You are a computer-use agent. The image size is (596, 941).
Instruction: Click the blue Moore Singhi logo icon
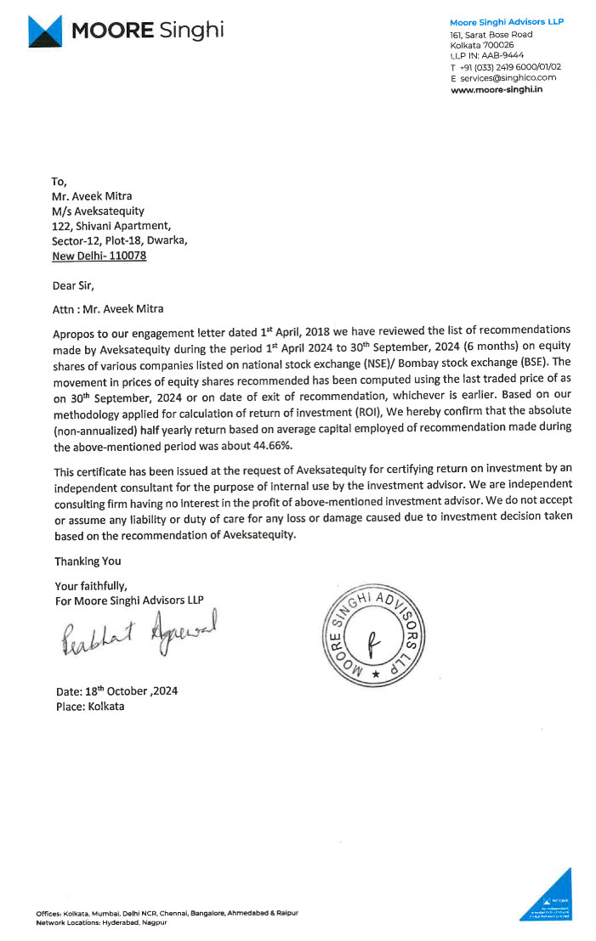pos(46,31)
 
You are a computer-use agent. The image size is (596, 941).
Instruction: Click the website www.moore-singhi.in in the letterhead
pos(497,88)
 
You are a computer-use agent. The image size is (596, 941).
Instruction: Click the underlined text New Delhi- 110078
pos(99,255)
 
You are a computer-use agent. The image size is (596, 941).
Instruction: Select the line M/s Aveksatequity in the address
pos(98,211)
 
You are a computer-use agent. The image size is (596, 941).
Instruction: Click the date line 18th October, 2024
pos(116,691)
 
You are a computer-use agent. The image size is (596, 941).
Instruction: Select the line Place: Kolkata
pos(89,707)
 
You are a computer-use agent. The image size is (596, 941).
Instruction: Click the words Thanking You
pos(88,561)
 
